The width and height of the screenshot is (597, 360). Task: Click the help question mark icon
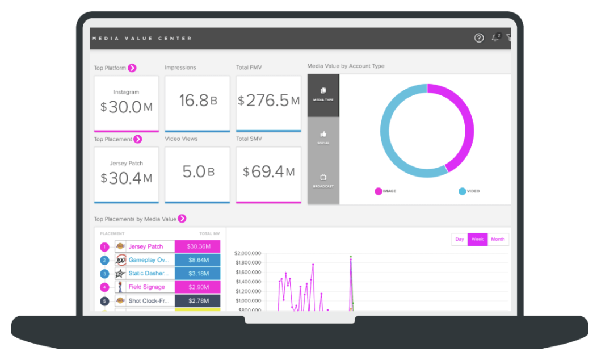[479, 38]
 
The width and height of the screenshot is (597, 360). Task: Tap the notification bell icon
[495, 38]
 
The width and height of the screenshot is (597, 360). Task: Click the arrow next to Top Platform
[132, 68]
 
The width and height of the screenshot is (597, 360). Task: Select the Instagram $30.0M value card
[126, 103]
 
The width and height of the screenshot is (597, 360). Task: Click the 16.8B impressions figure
[197, 101]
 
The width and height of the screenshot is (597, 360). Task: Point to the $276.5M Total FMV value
[268, 101]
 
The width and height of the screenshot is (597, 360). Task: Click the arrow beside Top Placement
[137, 139]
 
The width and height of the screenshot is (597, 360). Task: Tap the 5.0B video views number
[197, 172]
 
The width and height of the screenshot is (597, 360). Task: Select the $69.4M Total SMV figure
[268, 172]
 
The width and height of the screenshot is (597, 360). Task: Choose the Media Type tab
[323, 94]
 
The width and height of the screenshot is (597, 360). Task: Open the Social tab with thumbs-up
[323, 137]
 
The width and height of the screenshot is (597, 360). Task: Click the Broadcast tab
[323, 181]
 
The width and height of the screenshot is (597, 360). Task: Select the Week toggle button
[477, 239]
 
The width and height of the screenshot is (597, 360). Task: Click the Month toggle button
[498, 239]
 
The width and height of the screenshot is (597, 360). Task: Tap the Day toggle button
[459, 239]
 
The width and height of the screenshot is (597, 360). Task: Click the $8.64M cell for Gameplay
[197, 260]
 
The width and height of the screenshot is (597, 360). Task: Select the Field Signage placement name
[146, 287]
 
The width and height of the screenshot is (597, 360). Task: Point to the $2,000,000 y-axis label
[247, 253]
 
